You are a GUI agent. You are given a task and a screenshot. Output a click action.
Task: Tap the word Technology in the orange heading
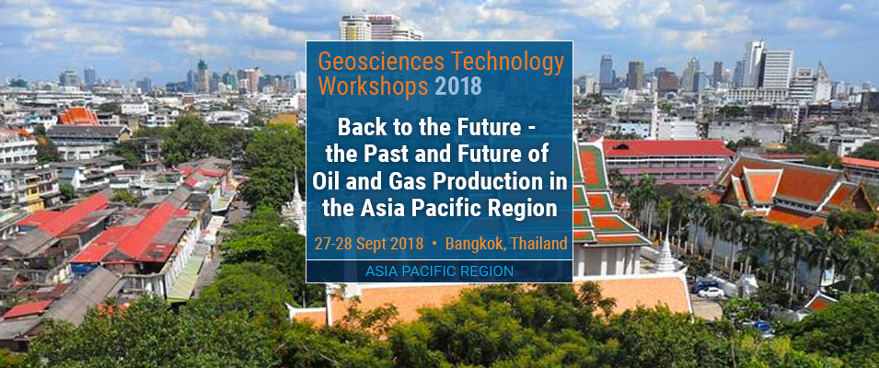point(503,63)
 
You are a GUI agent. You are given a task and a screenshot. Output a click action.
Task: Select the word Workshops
point(373,87)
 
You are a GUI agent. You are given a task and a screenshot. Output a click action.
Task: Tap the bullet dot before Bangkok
point(434,245)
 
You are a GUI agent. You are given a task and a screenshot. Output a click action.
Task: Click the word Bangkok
point(473,244)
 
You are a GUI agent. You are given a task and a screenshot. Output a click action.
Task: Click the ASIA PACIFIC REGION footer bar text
point(439,271)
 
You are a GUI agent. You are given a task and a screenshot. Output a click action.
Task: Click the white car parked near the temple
point(710,293)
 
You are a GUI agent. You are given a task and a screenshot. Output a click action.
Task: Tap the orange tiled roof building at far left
point(78,117)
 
